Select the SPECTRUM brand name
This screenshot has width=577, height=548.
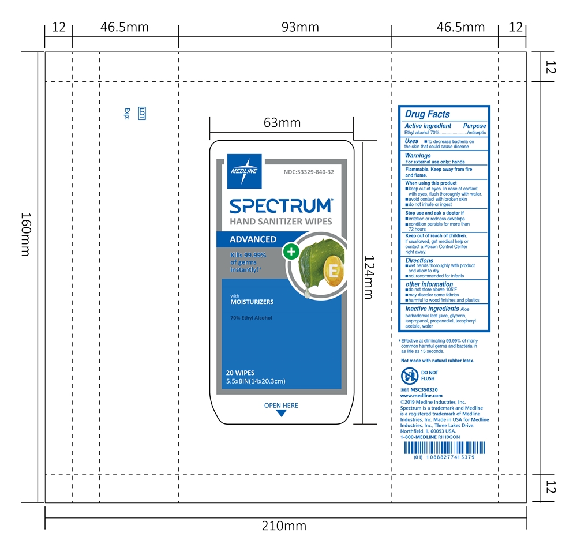tap(280, 206)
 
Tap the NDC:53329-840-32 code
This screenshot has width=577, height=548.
tap(309, 172)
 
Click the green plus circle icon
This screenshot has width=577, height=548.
tap(291, 252)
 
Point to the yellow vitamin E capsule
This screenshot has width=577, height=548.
tap(332, 271)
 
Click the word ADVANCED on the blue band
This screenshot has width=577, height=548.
tap(253, 239)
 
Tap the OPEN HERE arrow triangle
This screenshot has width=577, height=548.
tap(282, 414)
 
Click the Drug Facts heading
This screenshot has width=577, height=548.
tap(427, 114)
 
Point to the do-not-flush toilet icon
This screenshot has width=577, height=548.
tap(409, 376)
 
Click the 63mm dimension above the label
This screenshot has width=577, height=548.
tap(282, 122)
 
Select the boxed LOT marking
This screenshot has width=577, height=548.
tap(141, 114)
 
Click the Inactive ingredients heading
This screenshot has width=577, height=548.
tap(432, 309)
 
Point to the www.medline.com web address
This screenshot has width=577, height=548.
tap(421, 396)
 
